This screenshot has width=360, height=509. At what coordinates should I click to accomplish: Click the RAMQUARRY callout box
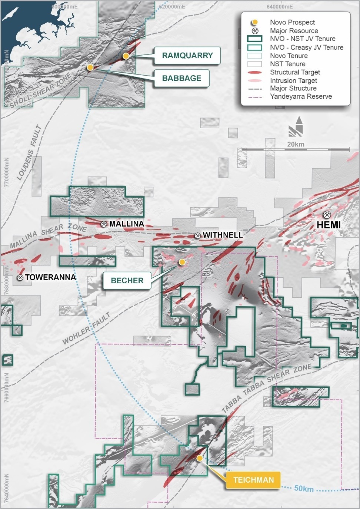point(187,56)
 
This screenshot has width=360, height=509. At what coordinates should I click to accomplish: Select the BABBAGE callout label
point(181,78)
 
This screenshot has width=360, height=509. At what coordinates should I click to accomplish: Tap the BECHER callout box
point(127,280)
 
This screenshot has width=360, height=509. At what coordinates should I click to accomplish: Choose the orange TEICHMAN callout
point(253,480)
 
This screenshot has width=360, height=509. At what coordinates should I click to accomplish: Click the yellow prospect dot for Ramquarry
point(126,56)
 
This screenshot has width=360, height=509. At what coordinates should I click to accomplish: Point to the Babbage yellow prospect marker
point(90,67)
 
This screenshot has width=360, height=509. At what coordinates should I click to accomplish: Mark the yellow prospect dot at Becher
point(182,262)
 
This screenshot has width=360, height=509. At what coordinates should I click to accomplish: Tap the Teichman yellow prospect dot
point(200,458)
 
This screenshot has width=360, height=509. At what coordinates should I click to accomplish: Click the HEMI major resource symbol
point(327,214)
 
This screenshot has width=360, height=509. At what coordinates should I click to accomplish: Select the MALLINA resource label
point(127,224)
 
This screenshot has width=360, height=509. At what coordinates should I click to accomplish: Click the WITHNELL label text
point(223,235)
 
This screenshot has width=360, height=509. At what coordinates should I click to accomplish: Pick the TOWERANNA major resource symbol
point(20,277)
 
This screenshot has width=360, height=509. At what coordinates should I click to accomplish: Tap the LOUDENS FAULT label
point(29,153)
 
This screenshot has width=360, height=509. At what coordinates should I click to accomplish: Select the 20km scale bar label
point(296,144)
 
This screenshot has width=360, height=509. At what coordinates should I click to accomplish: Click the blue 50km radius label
point(304,489)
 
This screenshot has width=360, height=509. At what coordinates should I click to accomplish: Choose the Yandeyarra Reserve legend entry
point(301,97)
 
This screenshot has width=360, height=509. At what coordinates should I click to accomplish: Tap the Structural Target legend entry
point(295,72)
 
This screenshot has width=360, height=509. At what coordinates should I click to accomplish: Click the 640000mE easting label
point(280,6)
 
